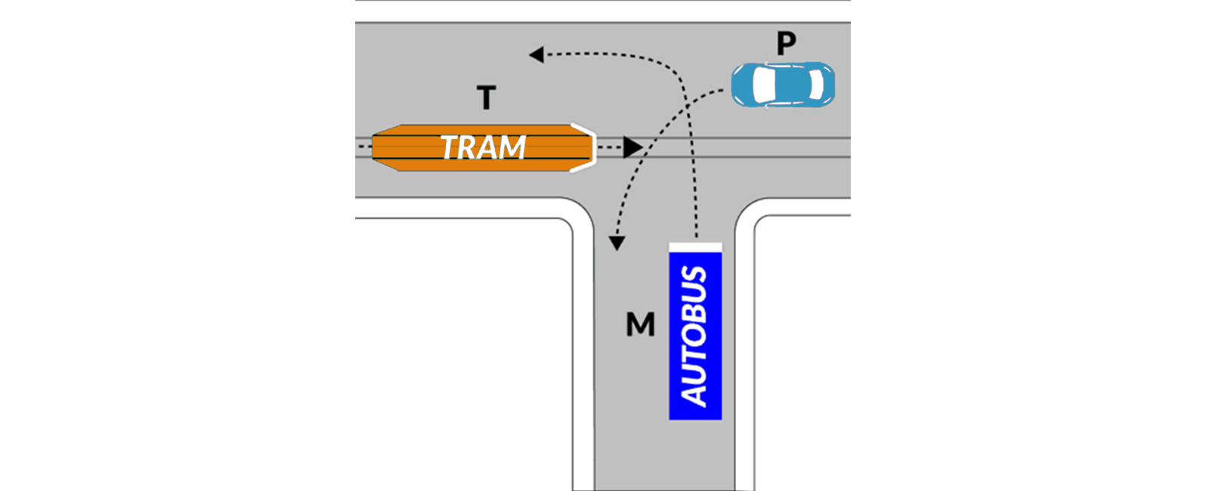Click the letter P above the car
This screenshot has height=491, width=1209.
tap(787, 42)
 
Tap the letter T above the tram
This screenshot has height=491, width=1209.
tap(487, 97)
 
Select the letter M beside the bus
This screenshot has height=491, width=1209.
tap(640, 324)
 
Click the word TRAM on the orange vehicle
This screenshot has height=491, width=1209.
tap(483, 147)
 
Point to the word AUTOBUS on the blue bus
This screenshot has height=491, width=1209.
tap(694, 335)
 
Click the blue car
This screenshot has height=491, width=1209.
tap(783, 85)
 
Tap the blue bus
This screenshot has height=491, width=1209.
tap(695, 332)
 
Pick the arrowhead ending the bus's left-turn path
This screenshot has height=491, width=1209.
tap(536, 54)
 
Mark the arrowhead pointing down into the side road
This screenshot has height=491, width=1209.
tap(617, 243)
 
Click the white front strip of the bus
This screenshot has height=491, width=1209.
tap(695, 248)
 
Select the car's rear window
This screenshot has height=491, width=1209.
tap(817, 85)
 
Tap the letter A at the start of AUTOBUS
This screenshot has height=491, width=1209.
tap(694, 394)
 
